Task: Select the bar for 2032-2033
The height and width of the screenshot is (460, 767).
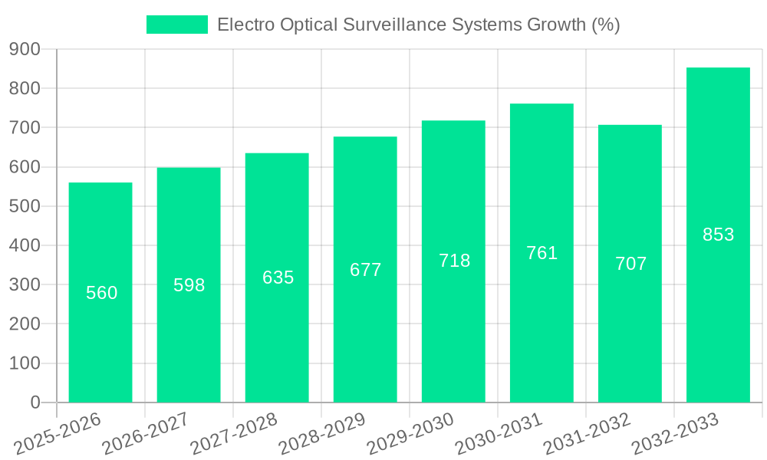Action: (718, 307)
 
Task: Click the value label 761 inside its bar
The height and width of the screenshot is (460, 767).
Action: (542, 253)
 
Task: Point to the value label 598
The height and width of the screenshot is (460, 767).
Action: (189, 285)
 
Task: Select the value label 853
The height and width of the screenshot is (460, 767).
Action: (718, 235)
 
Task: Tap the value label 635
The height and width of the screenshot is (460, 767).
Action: (278, 278)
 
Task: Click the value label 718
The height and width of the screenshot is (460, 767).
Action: (454, 261)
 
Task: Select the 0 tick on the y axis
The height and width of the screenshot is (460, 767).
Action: (35, 402)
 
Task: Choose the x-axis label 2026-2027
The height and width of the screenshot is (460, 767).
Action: (146, 434)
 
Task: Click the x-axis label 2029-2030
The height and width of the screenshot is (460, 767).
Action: (410, 434)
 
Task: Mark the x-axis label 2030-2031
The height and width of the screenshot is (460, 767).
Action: (499, 434)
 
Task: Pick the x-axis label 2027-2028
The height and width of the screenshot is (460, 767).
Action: (234, 434)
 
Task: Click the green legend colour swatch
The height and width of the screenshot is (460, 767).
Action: (177, 25)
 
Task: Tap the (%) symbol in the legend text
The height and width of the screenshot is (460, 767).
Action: (605, 25)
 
